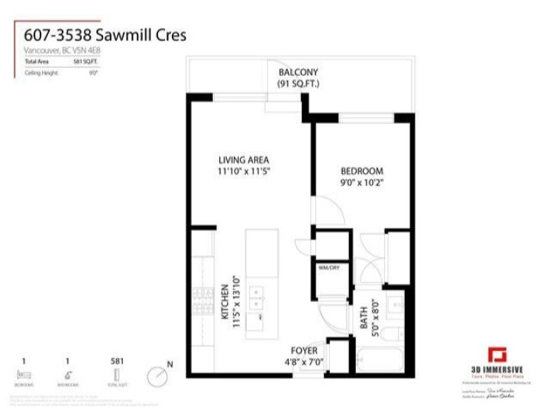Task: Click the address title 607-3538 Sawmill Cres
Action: (105, 34)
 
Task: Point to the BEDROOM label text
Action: (361, 171)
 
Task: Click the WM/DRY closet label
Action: (329, 267)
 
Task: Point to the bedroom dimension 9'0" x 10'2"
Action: (361, 184)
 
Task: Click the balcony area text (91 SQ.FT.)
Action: (298, 83)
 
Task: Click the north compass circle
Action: (158, 376)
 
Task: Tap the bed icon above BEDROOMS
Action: (26, 374)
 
